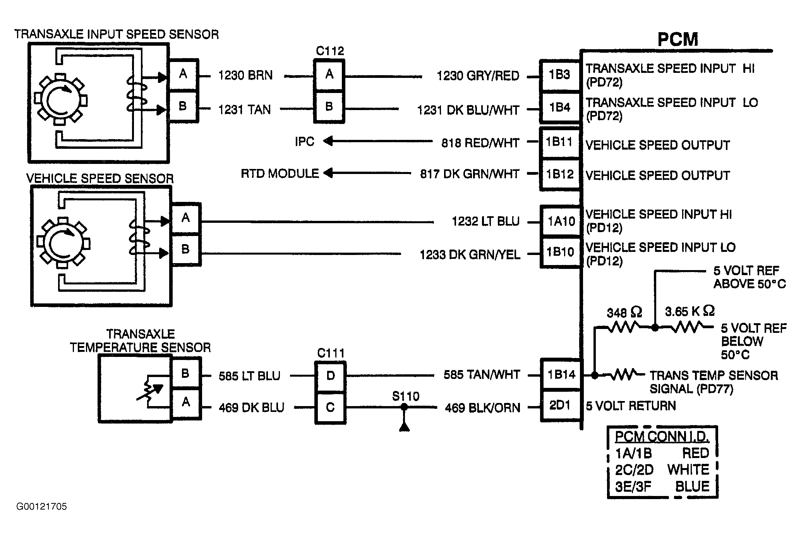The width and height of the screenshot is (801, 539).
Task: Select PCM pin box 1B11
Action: click(x=560, y=143)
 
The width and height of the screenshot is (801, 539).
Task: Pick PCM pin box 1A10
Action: click(x=561, y=221)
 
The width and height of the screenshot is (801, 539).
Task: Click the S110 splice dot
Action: click(x=404, y=407)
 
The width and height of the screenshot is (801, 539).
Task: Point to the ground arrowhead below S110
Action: click(x=404, y=427)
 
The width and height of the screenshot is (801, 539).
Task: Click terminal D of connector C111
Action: click(x=330, y=376)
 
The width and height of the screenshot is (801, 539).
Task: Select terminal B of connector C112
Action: click(x=329, y=107)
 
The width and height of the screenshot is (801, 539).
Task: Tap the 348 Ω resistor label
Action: click(x=624, y=312)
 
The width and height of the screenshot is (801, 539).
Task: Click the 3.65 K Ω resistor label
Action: click(x=690, y=311)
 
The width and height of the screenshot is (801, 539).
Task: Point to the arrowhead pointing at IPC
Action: click(x=328, y=141)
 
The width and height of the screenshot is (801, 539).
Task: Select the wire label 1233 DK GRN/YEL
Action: click(x=470, y=255)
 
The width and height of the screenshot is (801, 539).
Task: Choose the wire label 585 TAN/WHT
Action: click(x=482, y=375)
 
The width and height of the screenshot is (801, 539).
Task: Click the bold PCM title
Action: click(x=678, y=40)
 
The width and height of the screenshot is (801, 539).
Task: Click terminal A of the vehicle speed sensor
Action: click(x=186, y=218)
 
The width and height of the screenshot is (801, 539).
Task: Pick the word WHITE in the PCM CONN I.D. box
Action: click(x=688, y=470)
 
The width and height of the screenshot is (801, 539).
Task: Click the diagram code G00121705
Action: click(x=42, y=506)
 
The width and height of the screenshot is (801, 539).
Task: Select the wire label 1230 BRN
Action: click(x=245, y=75)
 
